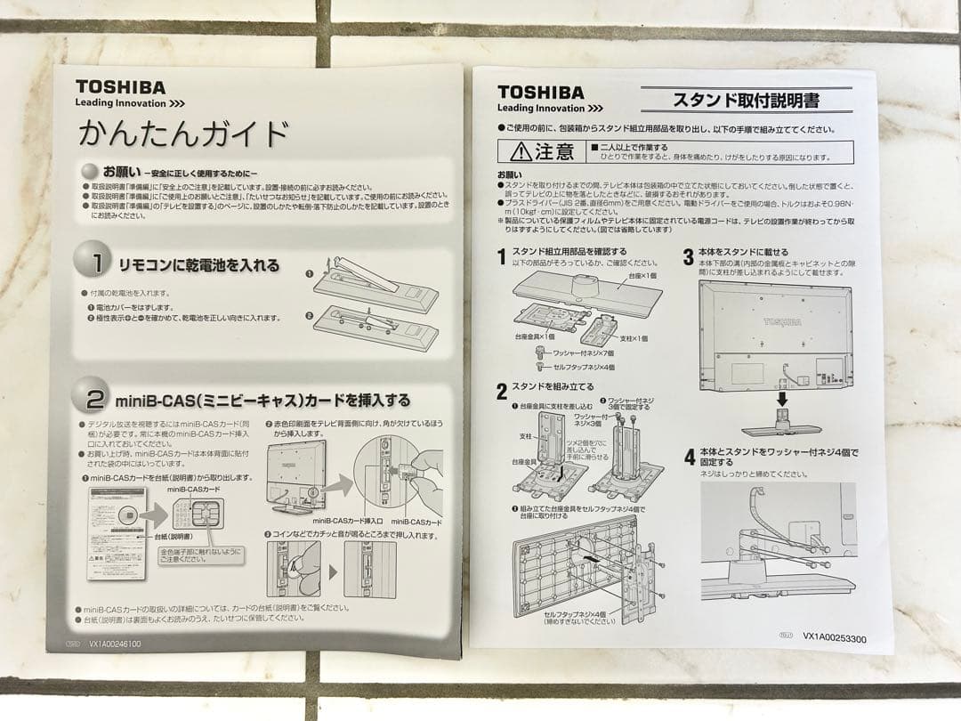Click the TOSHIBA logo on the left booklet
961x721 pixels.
120,87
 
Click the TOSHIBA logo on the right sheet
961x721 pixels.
541,93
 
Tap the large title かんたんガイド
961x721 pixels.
183,134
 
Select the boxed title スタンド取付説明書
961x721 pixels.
746,100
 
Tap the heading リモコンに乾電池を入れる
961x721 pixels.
199,265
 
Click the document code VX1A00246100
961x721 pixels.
115,643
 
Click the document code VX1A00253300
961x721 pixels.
835,637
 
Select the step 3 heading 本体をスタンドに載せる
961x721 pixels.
742,252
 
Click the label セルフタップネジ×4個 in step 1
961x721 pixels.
584,367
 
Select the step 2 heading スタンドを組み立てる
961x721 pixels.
553,387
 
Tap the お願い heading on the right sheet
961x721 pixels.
511,174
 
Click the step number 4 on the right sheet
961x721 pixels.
689,458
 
